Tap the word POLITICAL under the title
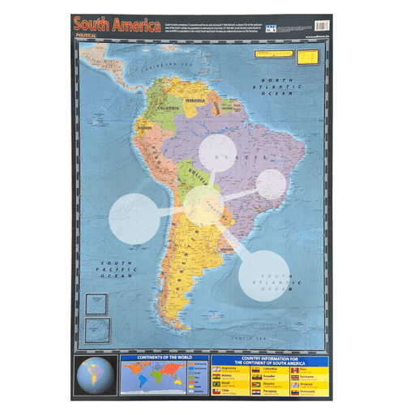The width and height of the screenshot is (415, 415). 87,36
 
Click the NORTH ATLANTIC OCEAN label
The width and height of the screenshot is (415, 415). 276,85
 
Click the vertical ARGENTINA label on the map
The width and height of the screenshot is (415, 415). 184,259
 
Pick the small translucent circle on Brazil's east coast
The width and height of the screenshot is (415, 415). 272,184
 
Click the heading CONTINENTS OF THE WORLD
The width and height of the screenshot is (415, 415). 164,359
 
